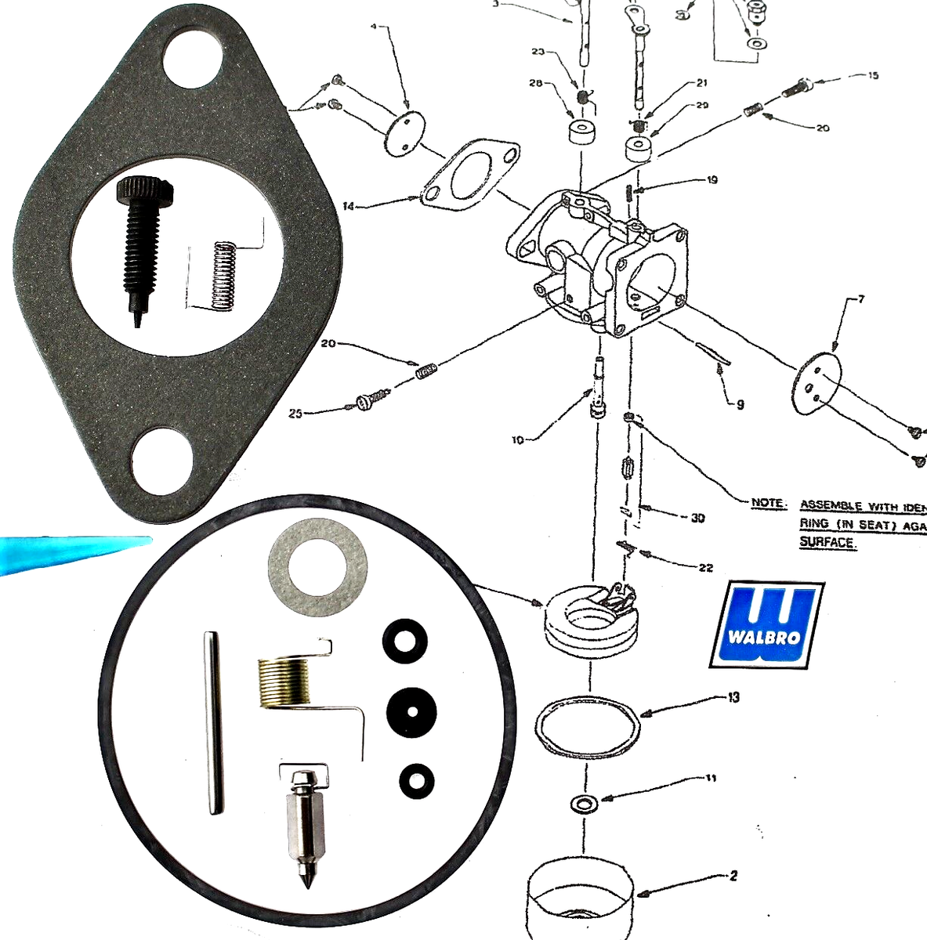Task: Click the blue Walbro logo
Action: (766, 624)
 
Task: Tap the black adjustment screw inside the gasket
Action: (131, 243)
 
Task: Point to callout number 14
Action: (349, 207)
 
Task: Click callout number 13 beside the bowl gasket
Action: (733, 696)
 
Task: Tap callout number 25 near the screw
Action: (295, 413)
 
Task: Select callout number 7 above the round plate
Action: (861, 299)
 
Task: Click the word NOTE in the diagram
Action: (767, 503)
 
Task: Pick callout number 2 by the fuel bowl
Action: (733, 876)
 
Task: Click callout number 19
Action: (711, 180)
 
